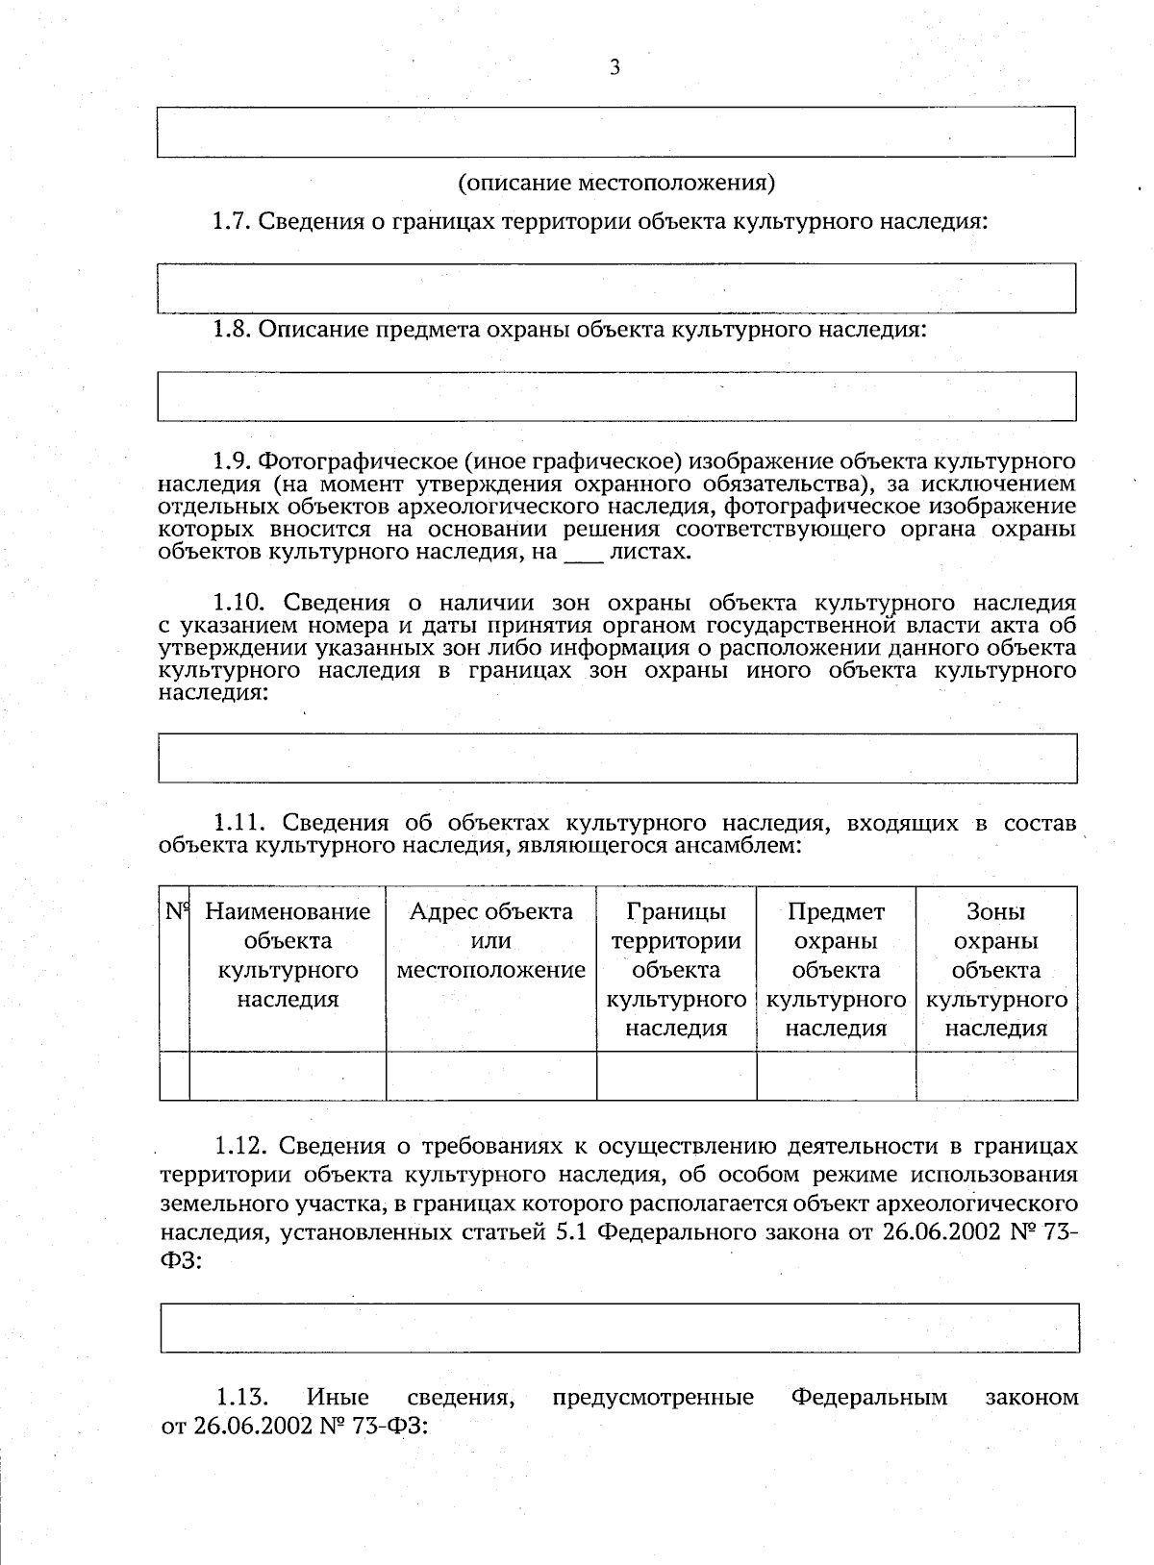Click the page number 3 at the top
coord(615,66)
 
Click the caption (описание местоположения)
coord(615,182)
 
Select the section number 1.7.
coord(231,222)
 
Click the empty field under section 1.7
coord(615,287)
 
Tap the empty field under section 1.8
coord(615,396)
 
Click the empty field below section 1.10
coord(615,758)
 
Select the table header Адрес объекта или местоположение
coord(490,940)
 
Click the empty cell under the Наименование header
coord(288,1076)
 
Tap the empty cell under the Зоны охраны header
coord(995,1076)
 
